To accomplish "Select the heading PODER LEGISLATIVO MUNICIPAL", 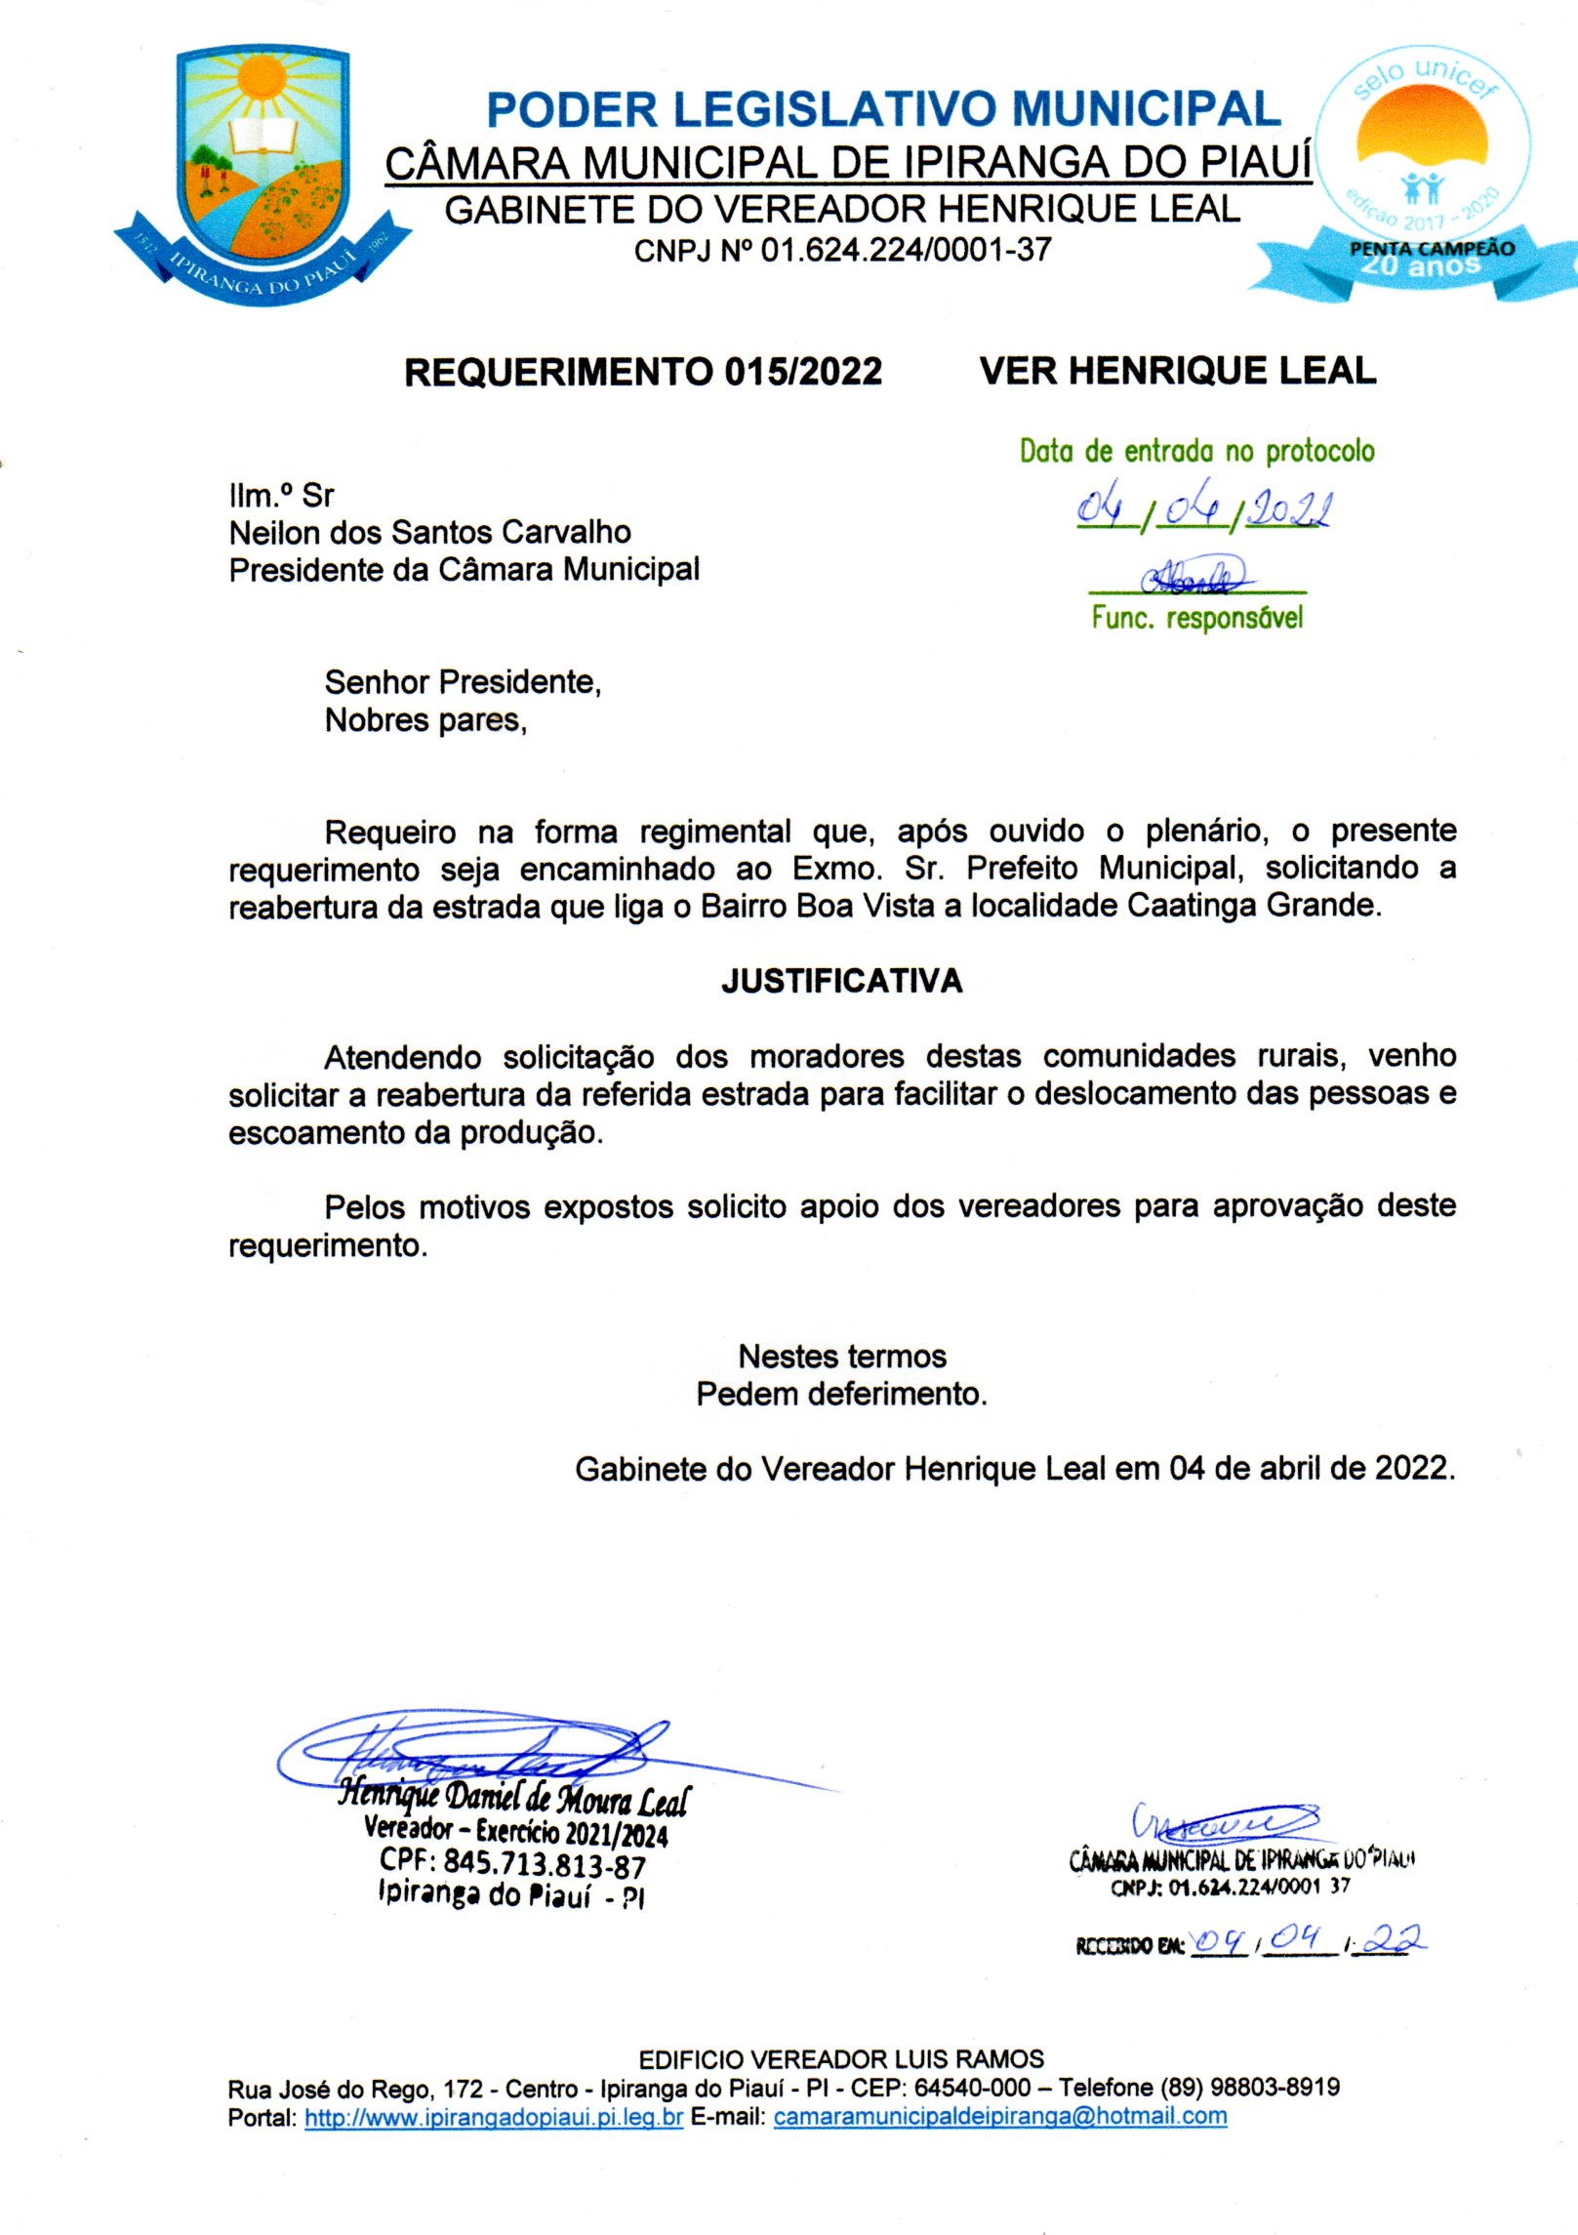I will click(x=883, y=109).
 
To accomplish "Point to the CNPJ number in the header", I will click(x=906, y=251).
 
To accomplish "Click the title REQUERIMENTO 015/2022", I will click(x=643, y=372).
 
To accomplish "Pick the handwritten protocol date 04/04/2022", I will click(x=1204, y=508).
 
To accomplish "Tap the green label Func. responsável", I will click(x=1197, y=618).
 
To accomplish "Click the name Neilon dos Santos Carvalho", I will click(x=429, y=532).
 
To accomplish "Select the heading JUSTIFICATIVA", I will click(x=842, y=981).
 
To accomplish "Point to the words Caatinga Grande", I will click(x=1254, y=906).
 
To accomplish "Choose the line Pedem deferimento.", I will click(x=841, y=1394).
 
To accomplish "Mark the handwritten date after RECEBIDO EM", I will click(x=1308, y=1940).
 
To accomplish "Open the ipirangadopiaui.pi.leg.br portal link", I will click(x=494, y=2117).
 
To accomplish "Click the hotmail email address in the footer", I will click(x=1000, y=2116).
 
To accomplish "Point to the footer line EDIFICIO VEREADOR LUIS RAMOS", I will click(x=841, y=2058).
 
